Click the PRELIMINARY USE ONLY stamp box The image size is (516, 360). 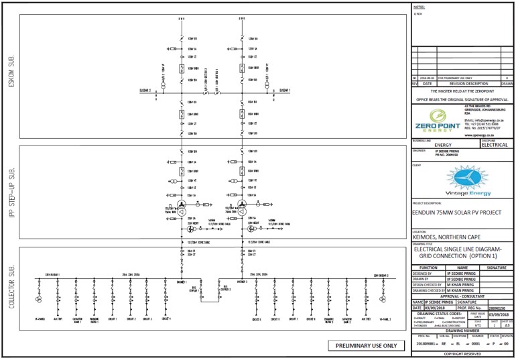pyautogui.click(x=366, y=346)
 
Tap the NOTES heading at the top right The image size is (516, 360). pyautogui.click(x=420, y=6)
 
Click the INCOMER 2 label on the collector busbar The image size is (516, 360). pyautogui.click(x=242, y=282)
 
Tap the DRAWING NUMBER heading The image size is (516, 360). pyautogui.click(x=462, y=331)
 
